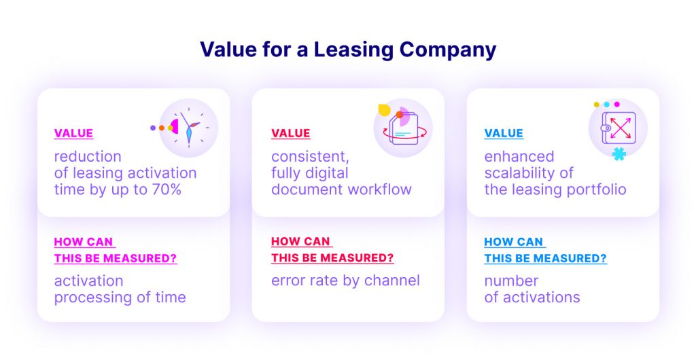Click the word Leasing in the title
(353, 50)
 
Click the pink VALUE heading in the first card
(73, 133)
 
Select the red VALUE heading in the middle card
(291, 133)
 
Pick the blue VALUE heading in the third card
(504, 133)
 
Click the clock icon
(189, 128)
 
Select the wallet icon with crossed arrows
(618, 128)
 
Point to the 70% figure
(167, 190)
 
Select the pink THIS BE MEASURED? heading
(116, 258)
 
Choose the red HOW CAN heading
(301, 242)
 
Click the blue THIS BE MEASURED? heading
(546, 258)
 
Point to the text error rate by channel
(345, 281)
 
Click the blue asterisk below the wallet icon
(619, 154)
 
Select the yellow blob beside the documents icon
(384, 110)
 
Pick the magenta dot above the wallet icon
(616, 104)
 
